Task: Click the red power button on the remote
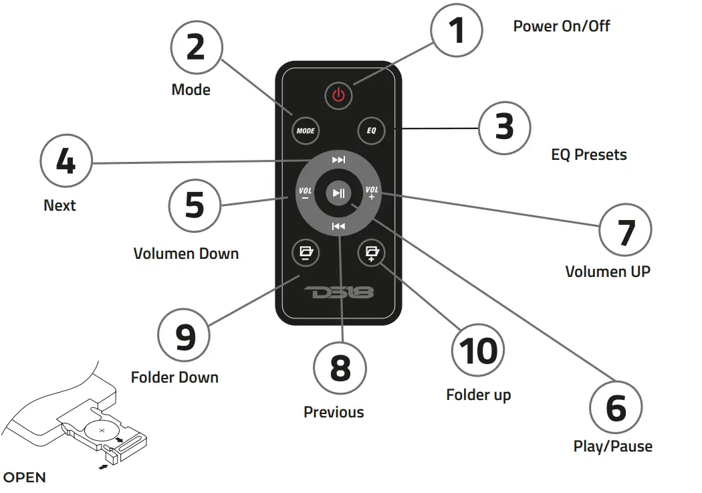click(x=338, y=95)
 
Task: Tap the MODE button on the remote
click(x=305, y=130)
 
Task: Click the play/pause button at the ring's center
click(x=338, y=193)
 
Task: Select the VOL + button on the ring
click(x=372, y=193)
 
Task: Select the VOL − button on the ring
click(x=305, y=193)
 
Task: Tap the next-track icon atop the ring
click(x=339, y=160)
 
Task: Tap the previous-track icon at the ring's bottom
click(x=338, y=227)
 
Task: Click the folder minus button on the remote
click(x=306, y=252)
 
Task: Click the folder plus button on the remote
click(x=371, y=252)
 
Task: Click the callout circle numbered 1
click(x=456, y=31)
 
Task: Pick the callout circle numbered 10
click(x=478, y=351)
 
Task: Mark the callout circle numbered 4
click(x=66, y=163)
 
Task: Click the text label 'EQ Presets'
click(x=588, y=155)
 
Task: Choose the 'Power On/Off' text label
click(x=561, y=26)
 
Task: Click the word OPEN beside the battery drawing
click(x=25, y=478)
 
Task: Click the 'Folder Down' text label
click(x=174, y=377)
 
